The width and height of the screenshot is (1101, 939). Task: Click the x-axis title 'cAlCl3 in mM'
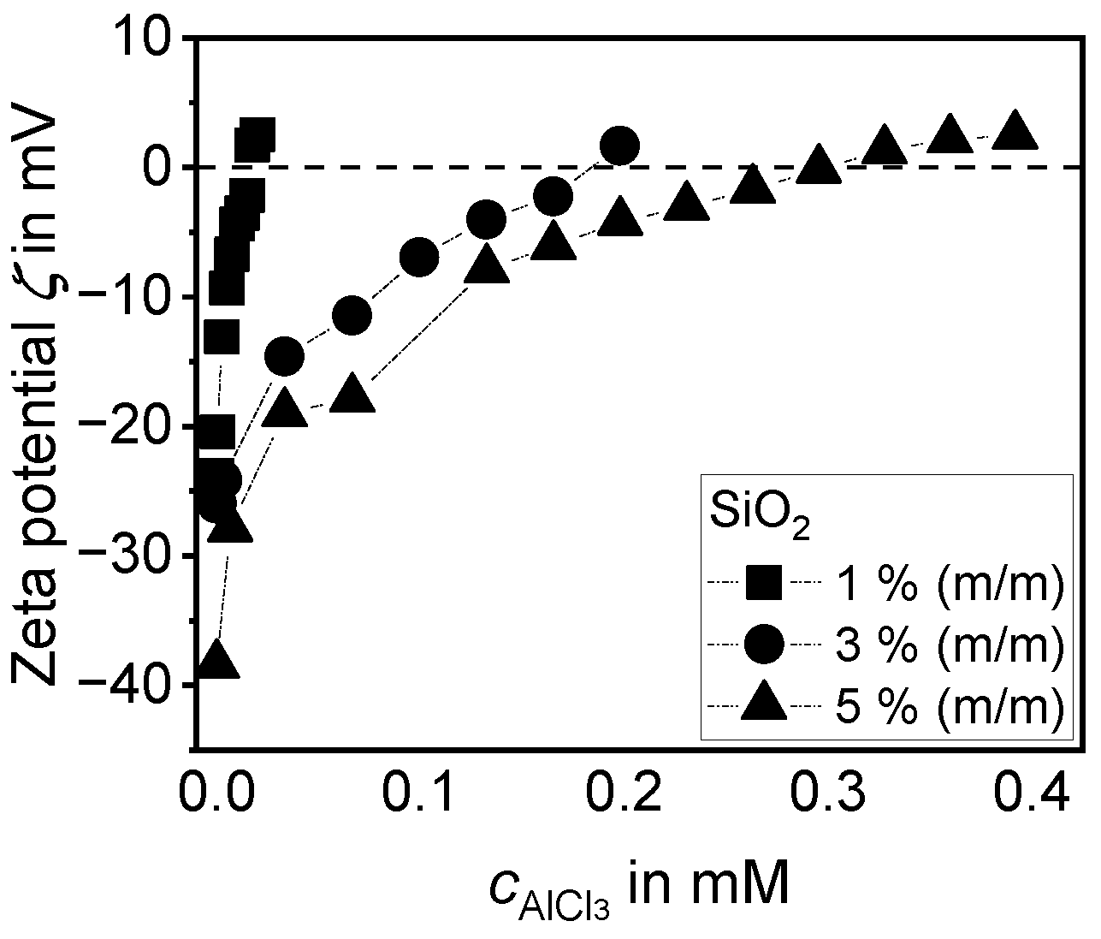[637, 890]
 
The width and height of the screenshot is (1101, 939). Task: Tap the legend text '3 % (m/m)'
[945, 644]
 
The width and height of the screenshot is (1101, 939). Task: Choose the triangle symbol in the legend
[764, 704]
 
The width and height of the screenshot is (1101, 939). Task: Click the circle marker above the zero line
[619, 146]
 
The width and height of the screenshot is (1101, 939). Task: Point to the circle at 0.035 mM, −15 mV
[285, 356]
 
